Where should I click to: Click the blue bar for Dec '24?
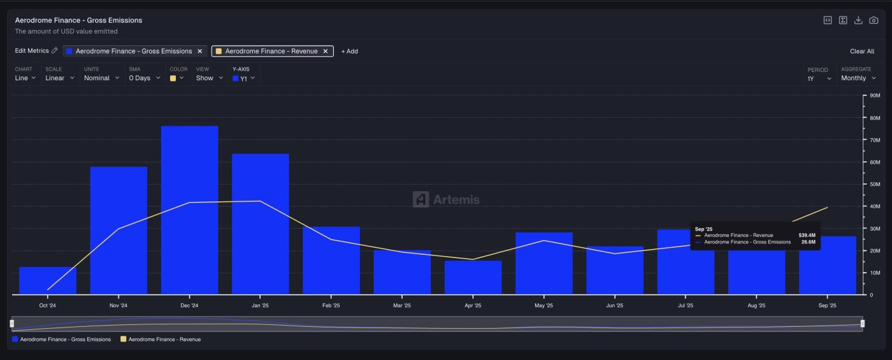click(189, 210)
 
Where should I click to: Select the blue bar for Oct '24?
click(48, 280)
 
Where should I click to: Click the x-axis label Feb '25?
click(331, 306)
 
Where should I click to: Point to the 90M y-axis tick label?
click(875, 96)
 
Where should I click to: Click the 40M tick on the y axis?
click(875, 206)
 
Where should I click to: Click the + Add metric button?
click(349, 52)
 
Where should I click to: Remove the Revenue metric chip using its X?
click(326, 52)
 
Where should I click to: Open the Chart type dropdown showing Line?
click(25, 78)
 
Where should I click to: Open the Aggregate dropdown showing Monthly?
click(858, 78)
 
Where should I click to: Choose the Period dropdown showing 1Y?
click(819, 78)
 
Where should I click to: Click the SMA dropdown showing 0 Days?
click(145, 78)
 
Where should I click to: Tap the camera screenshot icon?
click(874, 20)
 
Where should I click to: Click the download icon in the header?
click(858, 20)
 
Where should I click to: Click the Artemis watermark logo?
click(446, 199)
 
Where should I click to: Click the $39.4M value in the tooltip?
click(807, 235)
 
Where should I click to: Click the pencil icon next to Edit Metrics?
click(55, 51)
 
